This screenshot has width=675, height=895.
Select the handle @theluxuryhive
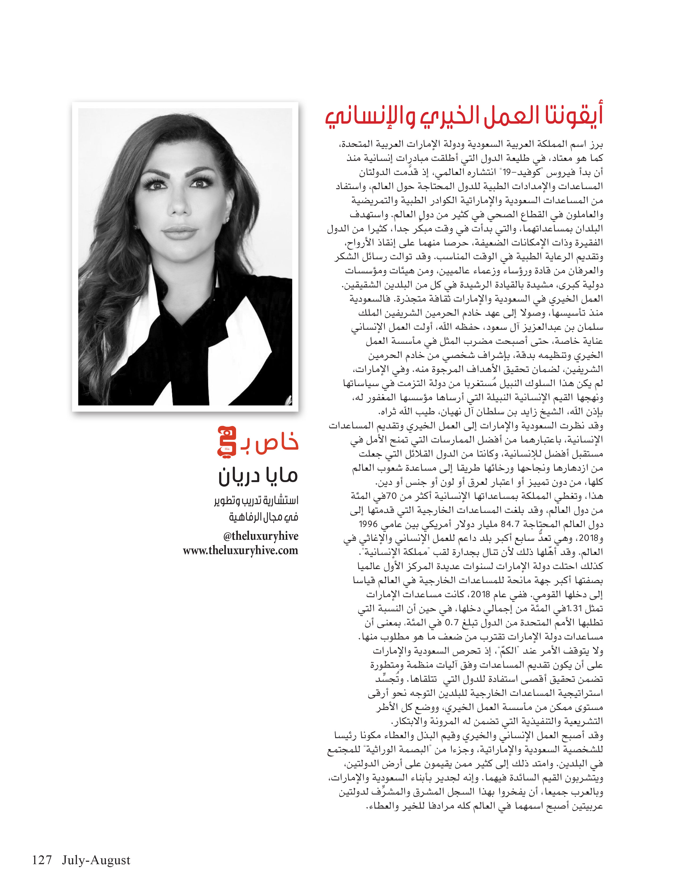261,536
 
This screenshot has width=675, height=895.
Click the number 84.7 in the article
508,524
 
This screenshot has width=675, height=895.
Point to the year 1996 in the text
368,524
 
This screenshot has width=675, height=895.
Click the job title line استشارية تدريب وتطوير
256,500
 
